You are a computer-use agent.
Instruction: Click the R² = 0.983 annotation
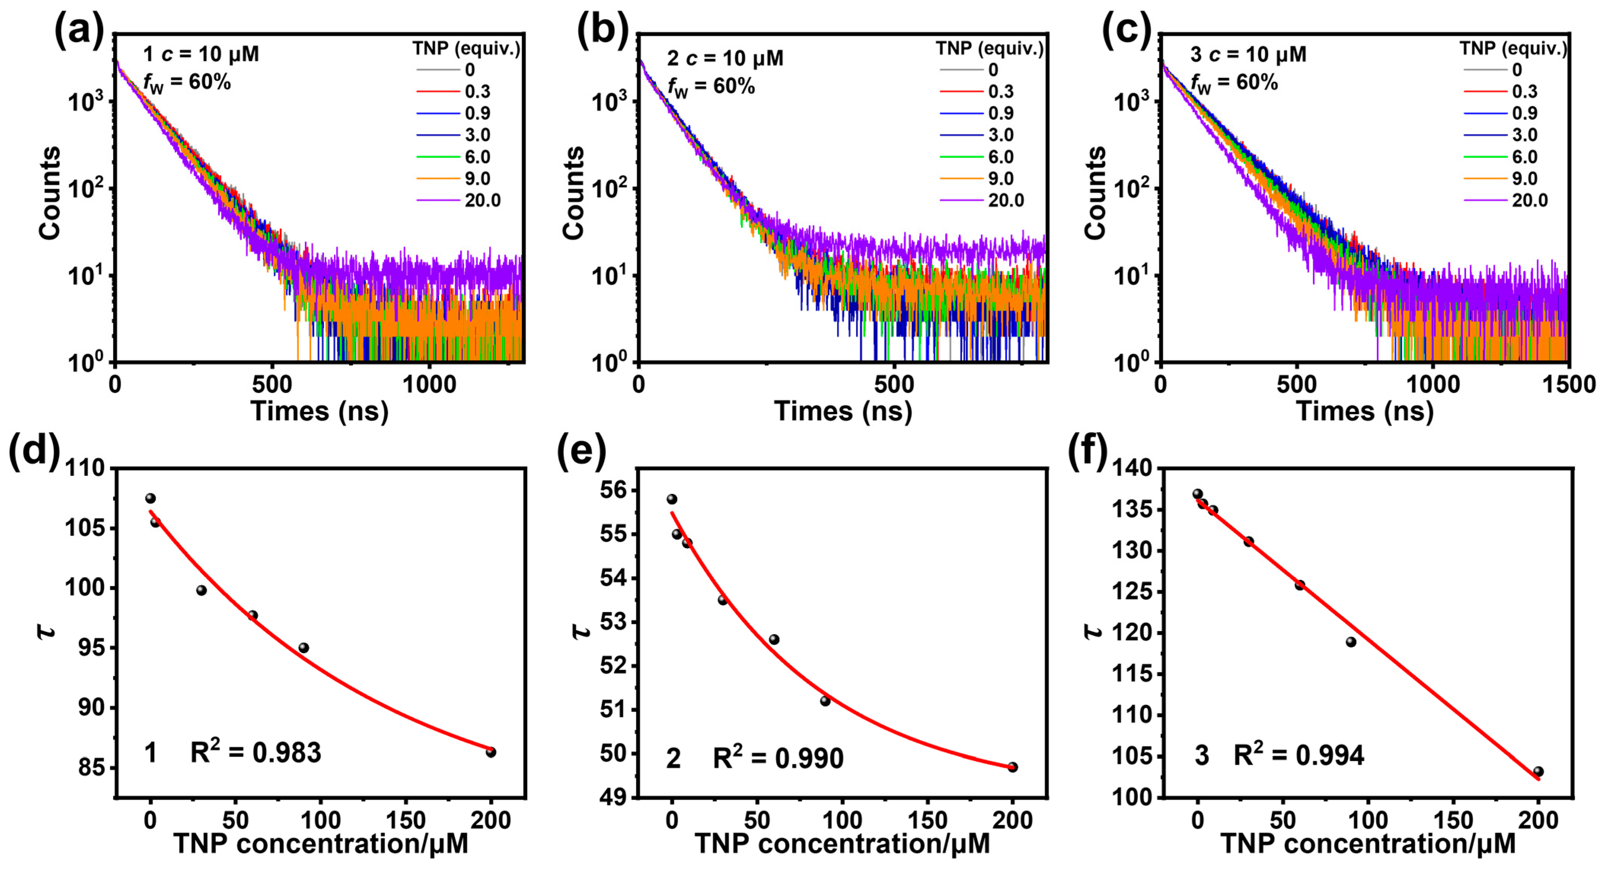(255, 752)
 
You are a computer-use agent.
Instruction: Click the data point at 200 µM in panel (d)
(491, 752)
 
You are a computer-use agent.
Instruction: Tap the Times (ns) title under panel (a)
(319, 412)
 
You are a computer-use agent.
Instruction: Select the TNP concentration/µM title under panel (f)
(1368, 844)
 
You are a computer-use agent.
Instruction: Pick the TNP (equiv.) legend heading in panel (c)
(1513, 48)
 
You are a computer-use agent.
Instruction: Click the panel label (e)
(581, 451)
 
